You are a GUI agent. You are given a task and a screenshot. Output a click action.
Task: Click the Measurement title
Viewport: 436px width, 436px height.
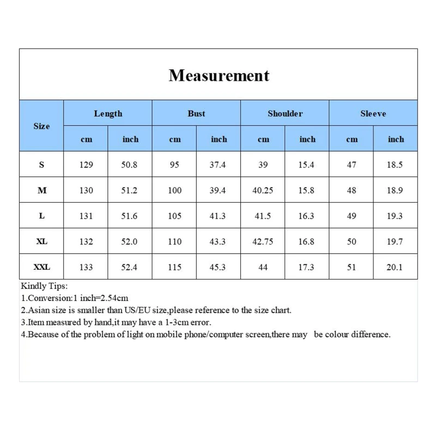(x=219, y=75)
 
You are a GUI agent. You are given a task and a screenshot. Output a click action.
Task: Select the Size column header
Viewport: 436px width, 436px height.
(x=41, y=126)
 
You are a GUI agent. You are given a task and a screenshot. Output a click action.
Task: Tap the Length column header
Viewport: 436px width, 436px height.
(x=108, y=113)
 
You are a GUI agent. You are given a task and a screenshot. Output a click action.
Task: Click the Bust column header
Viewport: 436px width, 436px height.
(x=196, y=113)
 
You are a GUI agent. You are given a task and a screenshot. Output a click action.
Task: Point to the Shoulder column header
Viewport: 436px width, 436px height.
(x=285, y=113)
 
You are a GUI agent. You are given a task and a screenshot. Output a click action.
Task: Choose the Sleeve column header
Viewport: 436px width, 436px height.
(x=373, y=113)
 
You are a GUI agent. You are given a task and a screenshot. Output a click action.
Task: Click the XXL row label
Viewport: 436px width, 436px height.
(x=41, y=267)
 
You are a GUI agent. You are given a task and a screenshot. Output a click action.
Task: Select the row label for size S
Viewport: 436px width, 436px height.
(x=41, y=165)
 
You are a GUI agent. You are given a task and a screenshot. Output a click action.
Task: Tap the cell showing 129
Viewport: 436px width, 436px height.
(x=86, y=165)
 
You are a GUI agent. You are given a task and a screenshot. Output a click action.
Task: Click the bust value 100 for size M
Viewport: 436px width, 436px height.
(x=174, y=190)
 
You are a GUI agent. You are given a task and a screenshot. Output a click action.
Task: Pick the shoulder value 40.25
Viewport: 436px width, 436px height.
(x=263, y=190)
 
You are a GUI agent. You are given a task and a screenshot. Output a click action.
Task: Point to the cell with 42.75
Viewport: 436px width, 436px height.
(x=263, y=241)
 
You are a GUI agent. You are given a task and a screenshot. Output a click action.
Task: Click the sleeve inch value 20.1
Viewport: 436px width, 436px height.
(x=395, y=267)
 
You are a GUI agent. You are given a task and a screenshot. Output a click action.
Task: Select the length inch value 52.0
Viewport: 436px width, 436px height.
(x=129, y=241)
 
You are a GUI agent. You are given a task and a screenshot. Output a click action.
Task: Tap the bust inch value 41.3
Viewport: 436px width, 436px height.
(x=218, y=216)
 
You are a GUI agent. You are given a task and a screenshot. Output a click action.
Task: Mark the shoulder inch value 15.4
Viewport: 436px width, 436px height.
(x=306, y=165)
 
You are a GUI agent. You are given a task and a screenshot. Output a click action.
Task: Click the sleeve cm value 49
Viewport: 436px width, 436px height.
(x=352, y=216)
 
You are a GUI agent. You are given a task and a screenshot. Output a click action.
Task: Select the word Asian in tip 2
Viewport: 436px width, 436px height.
(x=39, y=310)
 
